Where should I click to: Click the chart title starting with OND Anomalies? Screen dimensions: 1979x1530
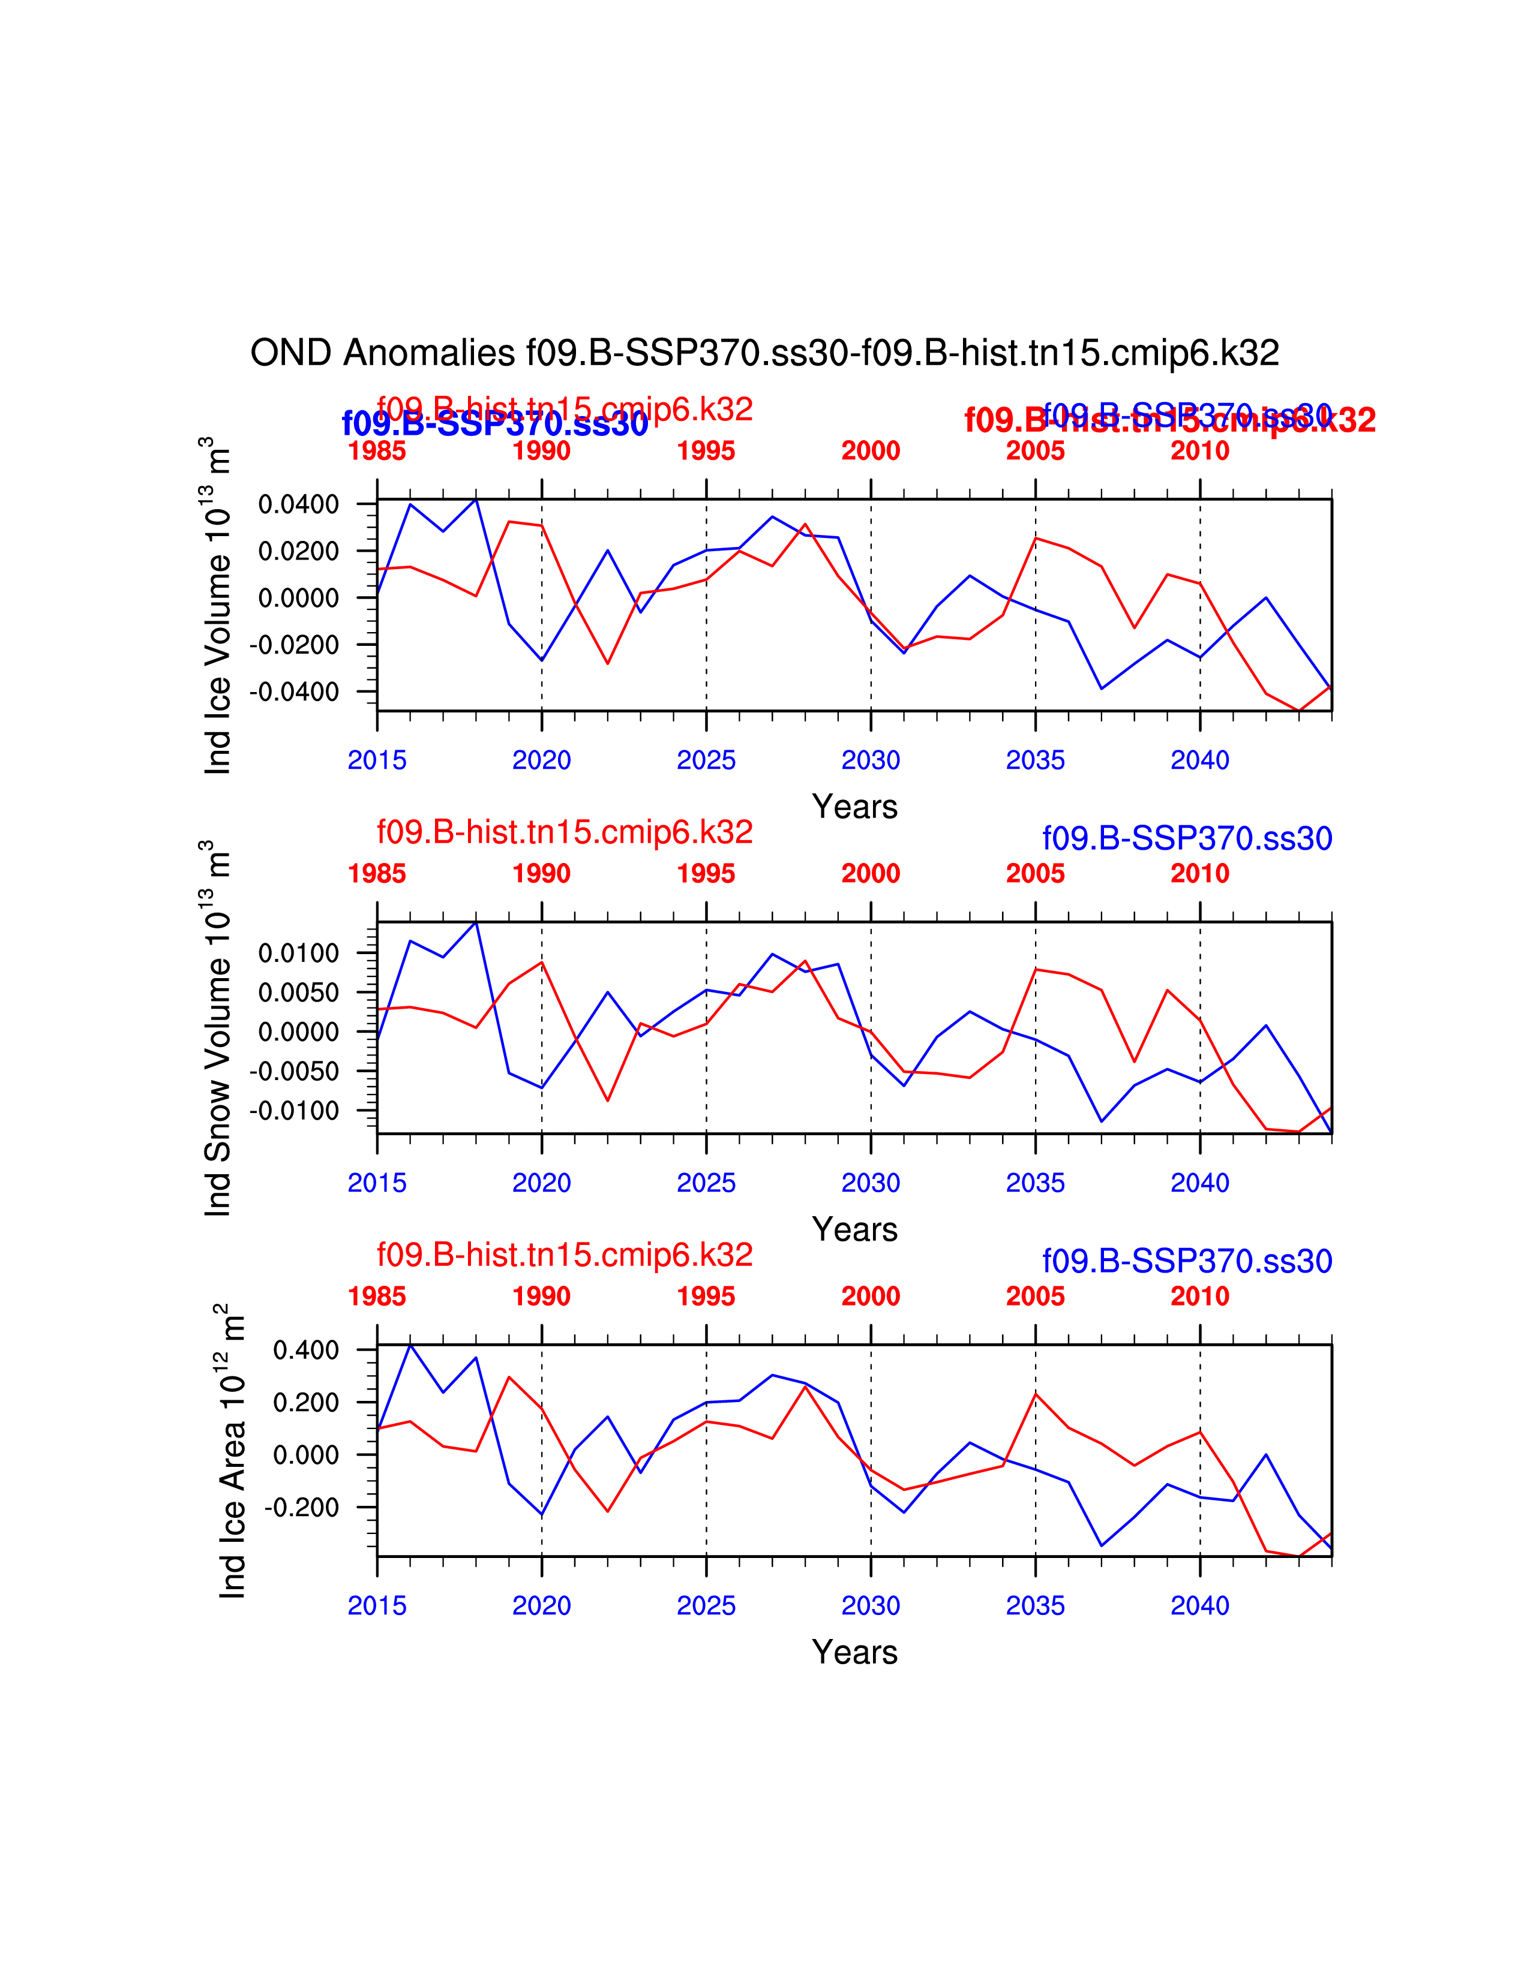[x=764, y=353]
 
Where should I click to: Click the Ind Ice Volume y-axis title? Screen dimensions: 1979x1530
[x=218, y=605]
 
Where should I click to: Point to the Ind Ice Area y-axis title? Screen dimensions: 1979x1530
[x=232, y=1452]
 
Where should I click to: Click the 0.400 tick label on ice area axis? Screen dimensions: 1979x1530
[x=307, y=1350]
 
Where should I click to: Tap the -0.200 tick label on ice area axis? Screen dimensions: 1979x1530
[x=302, y=1508]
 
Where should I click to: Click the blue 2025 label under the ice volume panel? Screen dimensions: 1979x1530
[x=706, y=760]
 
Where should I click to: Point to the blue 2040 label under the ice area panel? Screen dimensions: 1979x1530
[x=1199, y=1605]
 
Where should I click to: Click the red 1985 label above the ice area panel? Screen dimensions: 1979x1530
[x=377, y=1297]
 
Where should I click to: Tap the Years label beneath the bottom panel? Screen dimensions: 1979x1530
[x=855, y=1652]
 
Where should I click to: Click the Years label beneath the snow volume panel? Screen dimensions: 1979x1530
[x=855, y=1229]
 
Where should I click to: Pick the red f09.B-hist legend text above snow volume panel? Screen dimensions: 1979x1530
[x=565, y=832]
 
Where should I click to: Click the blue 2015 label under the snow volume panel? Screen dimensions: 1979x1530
[x=377, y=1183]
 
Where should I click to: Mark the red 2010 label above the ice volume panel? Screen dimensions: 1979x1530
[x=1199, y=451]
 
